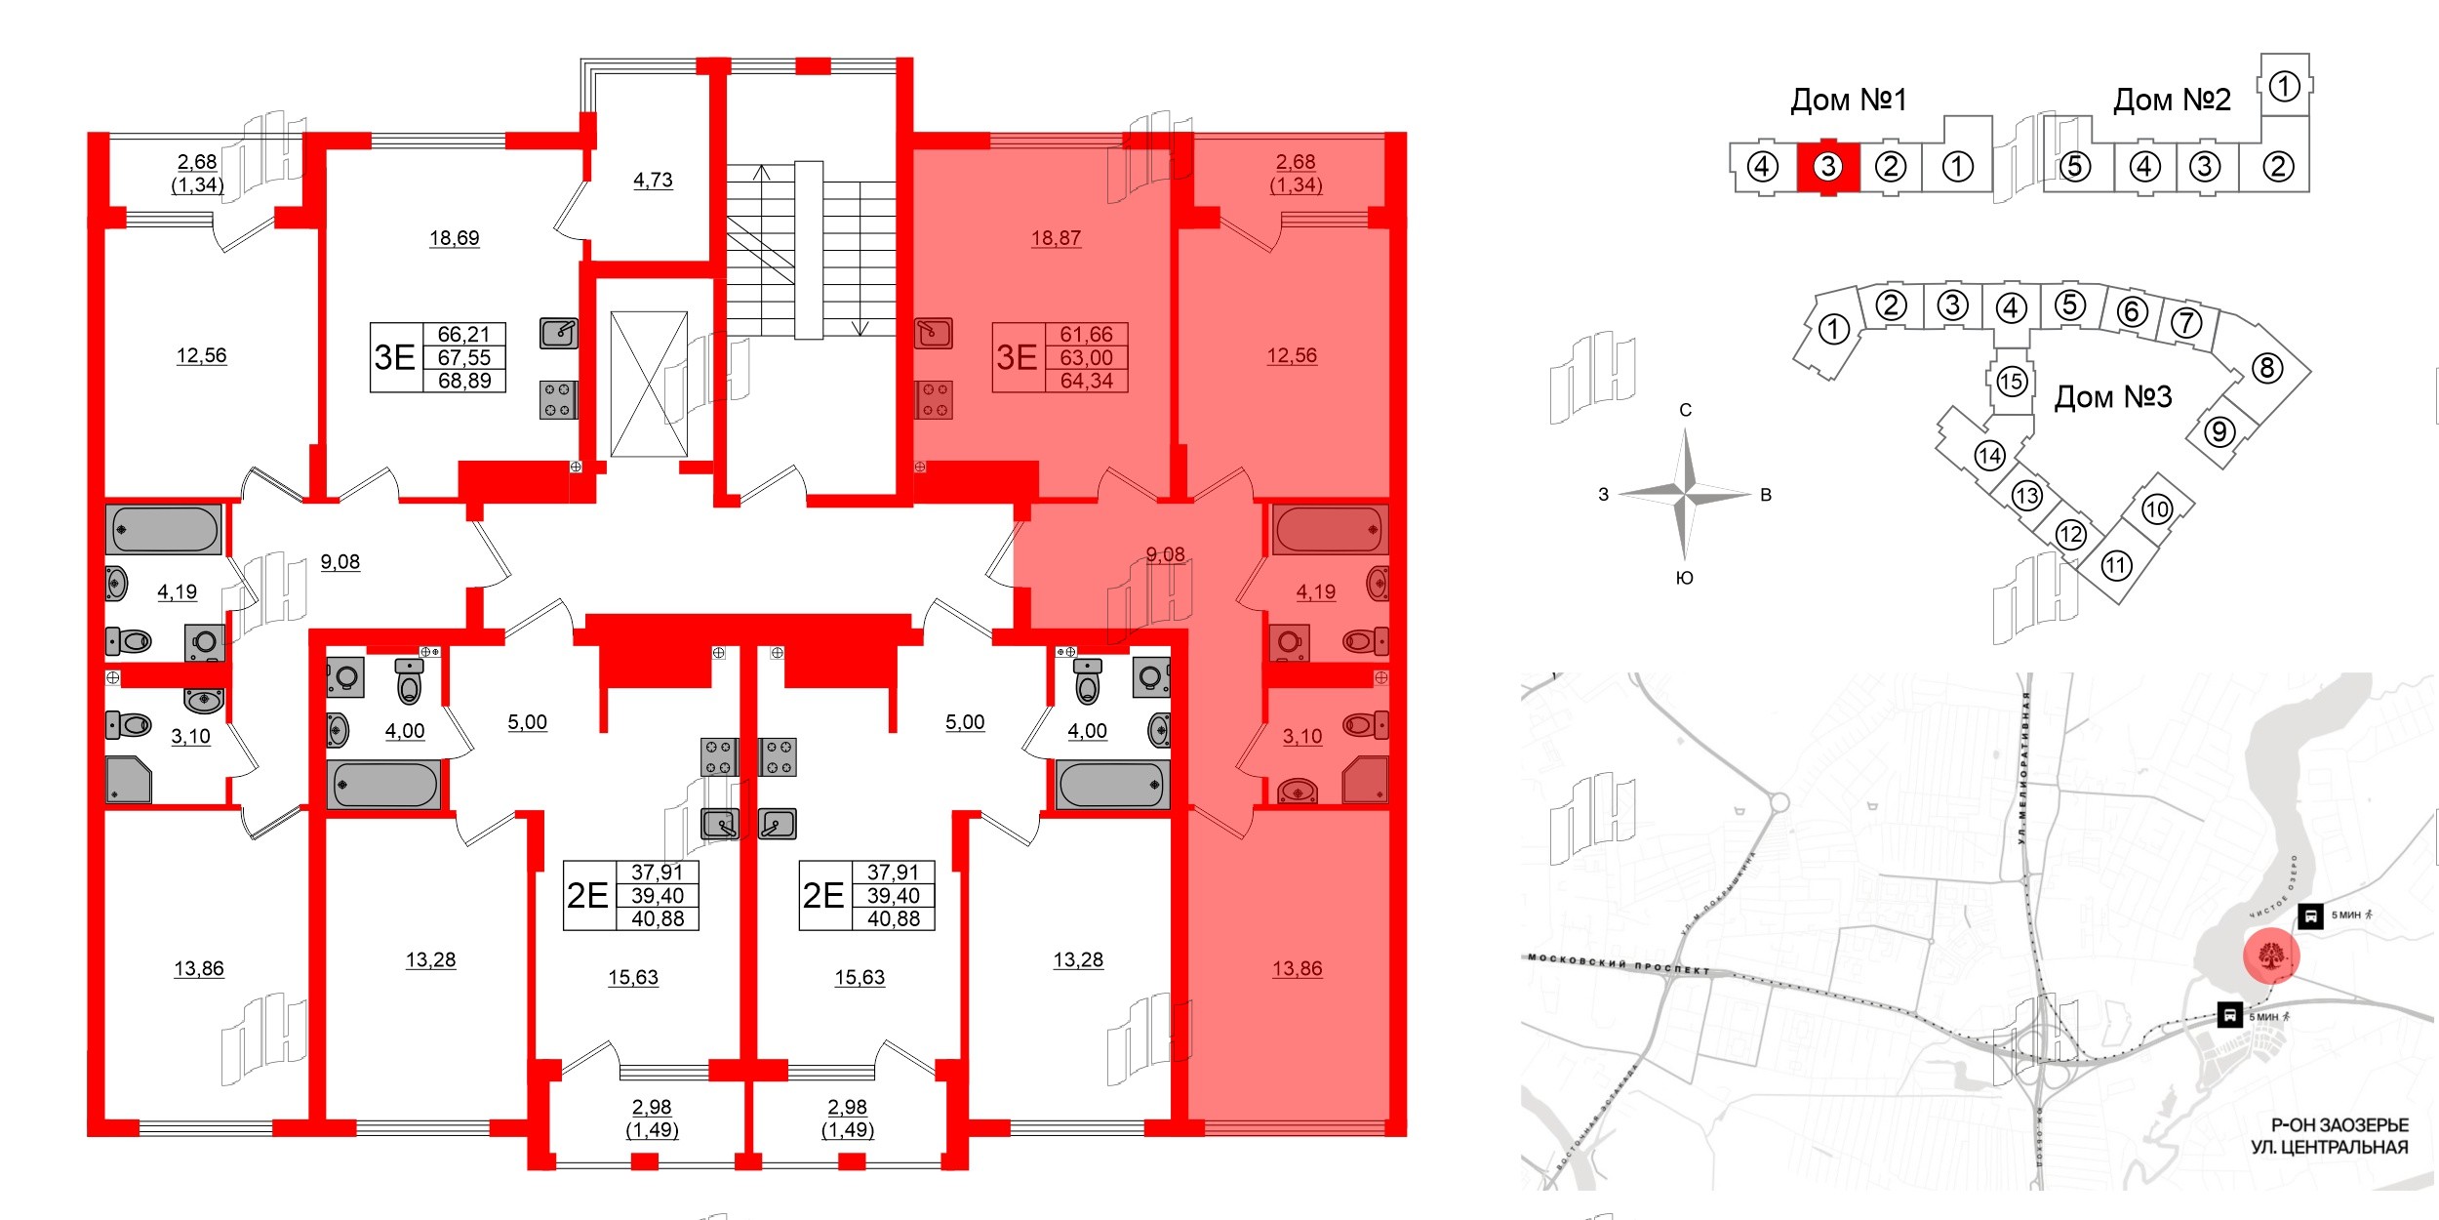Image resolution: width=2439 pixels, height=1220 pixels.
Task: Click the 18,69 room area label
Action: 454,238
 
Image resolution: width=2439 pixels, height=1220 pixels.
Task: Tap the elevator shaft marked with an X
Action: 649,384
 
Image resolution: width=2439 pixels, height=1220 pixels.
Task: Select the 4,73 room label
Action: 653,181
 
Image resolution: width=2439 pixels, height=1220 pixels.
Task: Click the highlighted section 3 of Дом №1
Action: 1828,167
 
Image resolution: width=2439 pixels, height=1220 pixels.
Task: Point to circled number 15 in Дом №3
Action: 2011,381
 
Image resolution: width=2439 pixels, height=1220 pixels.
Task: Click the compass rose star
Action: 1686,494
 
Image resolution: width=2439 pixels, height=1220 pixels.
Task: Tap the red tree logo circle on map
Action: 2271,956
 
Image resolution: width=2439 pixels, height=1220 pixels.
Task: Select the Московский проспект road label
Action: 1619,964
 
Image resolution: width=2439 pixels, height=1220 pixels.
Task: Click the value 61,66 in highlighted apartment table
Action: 1086,335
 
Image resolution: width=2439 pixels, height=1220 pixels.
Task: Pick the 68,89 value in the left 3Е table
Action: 464,381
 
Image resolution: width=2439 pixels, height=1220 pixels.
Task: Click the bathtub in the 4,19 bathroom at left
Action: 165,530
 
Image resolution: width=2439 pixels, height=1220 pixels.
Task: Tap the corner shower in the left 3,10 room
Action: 130,781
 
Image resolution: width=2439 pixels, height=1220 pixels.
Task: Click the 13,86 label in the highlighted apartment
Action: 1297,969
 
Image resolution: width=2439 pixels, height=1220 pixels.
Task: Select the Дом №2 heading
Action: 2172,100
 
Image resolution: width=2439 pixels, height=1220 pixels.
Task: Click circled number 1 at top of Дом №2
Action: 2285,87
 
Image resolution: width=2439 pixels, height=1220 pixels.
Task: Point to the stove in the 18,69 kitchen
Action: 558,400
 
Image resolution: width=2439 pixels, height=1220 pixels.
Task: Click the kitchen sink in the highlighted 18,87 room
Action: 933,333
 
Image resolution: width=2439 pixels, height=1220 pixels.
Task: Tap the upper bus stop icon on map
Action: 2310,916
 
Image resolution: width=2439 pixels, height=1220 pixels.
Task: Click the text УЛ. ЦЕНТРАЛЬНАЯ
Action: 2329,1147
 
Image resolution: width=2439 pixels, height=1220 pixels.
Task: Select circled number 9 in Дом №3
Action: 2219,430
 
